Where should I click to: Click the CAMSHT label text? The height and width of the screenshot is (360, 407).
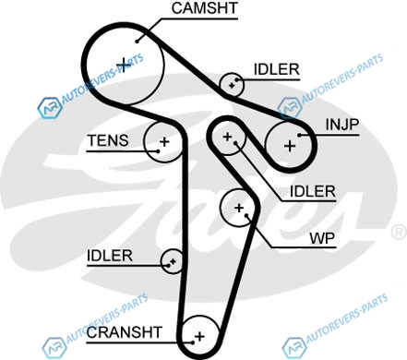click(x=205, y=8)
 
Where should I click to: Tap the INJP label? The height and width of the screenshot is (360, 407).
click(x=342, y=125)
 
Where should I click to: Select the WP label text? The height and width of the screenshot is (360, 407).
click(x=322, y=238)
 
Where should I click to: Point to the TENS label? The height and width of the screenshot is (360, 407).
click(x=108, y=140)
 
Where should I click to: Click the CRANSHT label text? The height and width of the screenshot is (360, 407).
click(x=125, y=332)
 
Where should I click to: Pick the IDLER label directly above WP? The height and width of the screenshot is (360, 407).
click(x=313, y=191)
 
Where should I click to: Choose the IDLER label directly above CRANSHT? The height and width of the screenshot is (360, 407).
click(x=110, y=256)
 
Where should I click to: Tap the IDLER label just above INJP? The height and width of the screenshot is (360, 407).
click(x=276, y=69)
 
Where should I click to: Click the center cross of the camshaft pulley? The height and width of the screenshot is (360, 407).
click(x=123, y=65)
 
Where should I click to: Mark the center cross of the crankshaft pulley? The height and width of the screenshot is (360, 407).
click(x=199, y=336)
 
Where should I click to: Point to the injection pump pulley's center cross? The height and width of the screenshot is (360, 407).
click(x=290, y=146)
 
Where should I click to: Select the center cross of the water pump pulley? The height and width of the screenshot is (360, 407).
click(x=239, y=208)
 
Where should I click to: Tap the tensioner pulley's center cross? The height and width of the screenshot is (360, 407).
click(x=164, y=142)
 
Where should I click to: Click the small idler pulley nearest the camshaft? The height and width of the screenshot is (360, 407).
click(x=232, y=85)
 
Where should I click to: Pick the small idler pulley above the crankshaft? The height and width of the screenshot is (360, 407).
click(x=173, y=261)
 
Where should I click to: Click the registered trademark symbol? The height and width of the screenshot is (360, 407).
click(x=400, y=232)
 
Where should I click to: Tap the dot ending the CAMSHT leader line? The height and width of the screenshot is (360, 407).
click(x=137, y=42)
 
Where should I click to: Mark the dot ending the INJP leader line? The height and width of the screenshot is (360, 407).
click(x=299, y=135)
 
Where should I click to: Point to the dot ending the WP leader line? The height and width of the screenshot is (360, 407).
click(x=246, y=215)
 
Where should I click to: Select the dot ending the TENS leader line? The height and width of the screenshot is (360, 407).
click(x=158, y=151)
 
